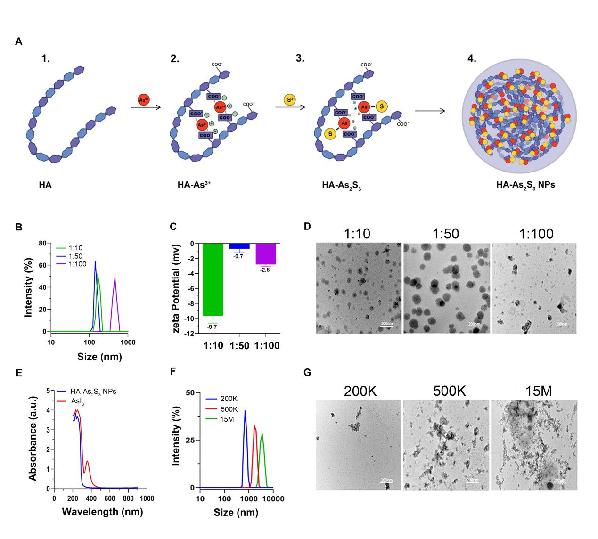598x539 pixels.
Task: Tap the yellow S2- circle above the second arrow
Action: pyautogui.click(x=289, y=99)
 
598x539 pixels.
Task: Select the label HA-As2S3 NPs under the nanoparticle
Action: pyautogui.click(x=525, y=185)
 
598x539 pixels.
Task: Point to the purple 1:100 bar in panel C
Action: pyautogui.click(x=266, y=253)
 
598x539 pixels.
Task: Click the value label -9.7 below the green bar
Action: pyautogui.click(x=213, y=327)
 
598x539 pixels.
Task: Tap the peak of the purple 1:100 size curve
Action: pyautogui.click(x=115, y=278)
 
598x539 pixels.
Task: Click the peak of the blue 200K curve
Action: pyautogui.click(x=245, y=411)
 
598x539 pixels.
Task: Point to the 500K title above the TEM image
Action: pyautogui.click(x=446, y=391)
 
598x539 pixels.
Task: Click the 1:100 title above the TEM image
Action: pyautogui.click(x=535, y=234)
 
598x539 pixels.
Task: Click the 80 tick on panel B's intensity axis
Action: pyautogui.click(x=42, y=244)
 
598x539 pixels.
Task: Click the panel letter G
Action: pyautogui.click(x=308, y=373)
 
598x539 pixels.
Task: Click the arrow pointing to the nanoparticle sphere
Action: pyautogui.click(x=430, y=112)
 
